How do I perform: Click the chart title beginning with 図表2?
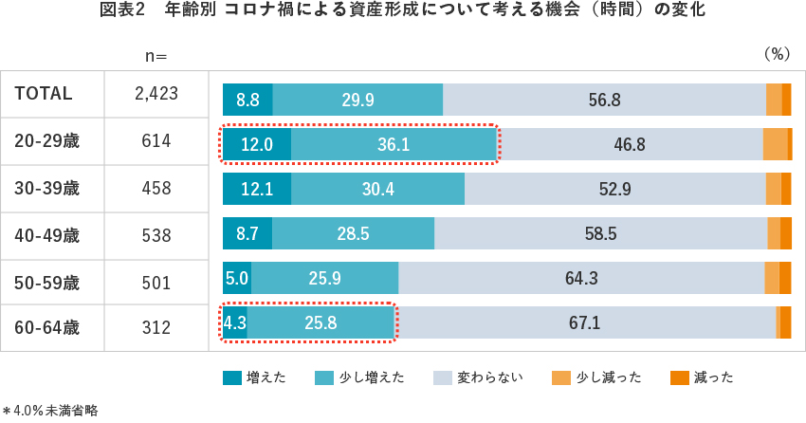402,12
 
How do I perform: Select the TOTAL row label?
44,94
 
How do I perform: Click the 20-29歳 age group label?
47,141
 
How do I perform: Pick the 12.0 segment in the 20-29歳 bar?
257,144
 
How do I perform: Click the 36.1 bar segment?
394,144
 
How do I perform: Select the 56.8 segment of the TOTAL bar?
604,100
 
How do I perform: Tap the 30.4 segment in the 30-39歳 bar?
377,189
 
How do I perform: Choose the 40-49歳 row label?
47,234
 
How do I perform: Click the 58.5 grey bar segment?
600,233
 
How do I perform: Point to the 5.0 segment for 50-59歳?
237,279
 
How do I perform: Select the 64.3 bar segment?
581,279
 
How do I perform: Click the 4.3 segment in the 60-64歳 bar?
234,322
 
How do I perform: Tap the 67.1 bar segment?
584,322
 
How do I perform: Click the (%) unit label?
777,54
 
